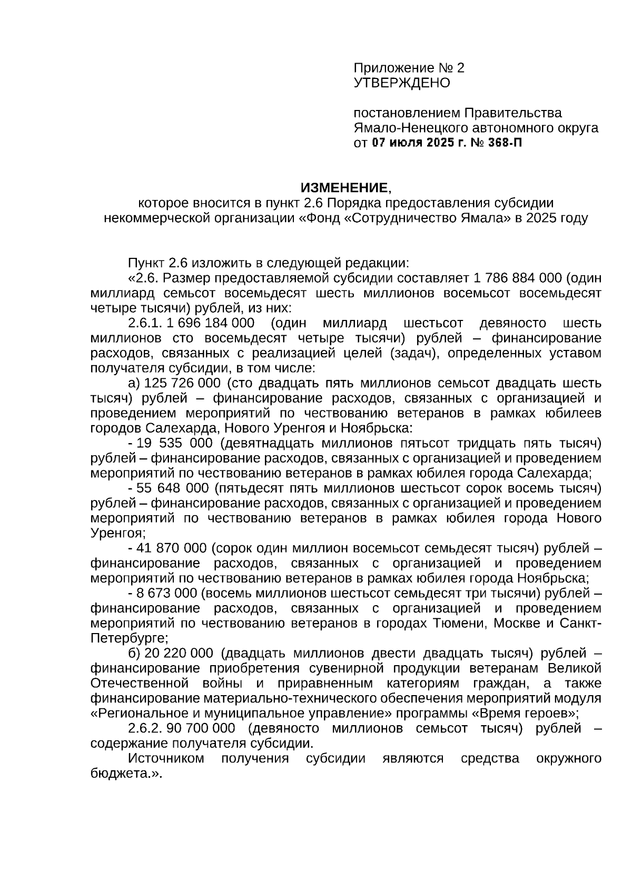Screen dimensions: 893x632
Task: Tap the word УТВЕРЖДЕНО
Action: coord(402,83)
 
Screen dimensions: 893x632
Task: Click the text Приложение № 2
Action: coord(409,68)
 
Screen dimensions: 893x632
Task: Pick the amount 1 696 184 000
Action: coord(210,323)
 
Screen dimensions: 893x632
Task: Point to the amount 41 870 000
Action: coord(171,548)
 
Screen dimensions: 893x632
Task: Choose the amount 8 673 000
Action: coord(166,594)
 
